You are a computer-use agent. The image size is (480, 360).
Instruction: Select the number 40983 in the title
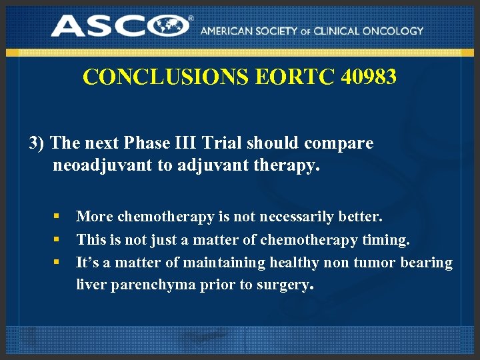(369, 77)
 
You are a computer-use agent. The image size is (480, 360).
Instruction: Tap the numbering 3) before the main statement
(37, 143)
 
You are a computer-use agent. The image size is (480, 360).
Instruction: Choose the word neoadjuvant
(102, 165)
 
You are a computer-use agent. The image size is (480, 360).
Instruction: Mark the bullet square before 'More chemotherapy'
(58, 217)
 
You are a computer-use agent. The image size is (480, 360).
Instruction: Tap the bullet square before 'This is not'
(58, 239)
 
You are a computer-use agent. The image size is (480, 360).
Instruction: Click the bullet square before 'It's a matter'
(58, 263)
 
